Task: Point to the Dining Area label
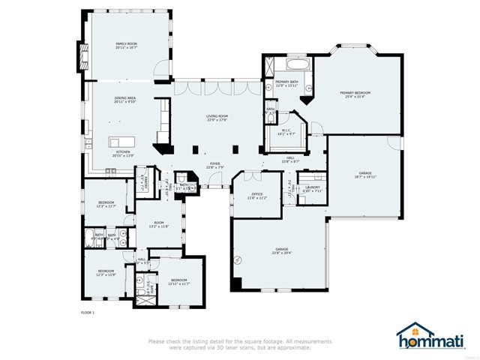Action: pyautogui.click(x=124, y=99)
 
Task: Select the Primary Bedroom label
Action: pyautogui.click(x=358, y=94)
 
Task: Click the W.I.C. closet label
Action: pyautogui.click(x=286, y=132)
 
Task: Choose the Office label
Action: pyautogui.click(x=257, y=197)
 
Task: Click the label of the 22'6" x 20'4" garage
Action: pyautogui.click(x=281, y=250)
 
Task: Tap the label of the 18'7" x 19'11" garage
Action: pyautogui.click(x=365, y=175)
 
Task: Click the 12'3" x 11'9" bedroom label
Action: pyautogui.click(x=106, y=272)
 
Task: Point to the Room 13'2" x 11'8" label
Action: pyautogui.click(x=158, y=223)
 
